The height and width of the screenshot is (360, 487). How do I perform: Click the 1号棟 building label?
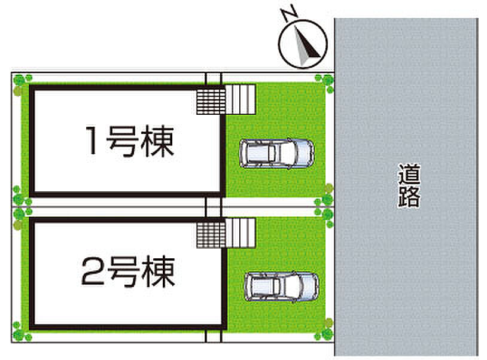pos(129,141)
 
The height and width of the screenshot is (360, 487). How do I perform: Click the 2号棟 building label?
pos(128,271)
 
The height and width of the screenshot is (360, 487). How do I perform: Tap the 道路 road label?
pos(409,185)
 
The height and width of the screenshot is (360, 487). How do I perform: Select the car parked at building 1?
pos(276,154)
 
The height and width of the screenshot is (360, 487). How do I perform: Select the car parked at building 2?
pos(281,286)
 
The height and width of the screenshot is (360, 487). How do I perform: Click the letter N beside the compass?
pos(290,14)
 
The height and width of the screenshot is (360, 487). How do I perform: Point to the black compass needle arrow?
pos(307,44)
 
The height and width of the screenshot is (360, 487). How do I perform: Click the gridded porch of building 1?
pos(211,101)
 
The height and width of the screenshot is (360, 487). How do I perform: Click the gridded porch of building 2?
pos(211,235)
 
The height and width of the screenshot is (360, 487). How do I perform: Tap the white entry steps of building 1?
pos(241,99)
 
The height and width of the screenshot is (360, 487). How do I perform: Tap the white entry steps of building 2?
pos(241,233)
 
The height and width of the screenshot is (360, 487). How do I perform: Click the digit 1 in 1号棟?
pos(92,141)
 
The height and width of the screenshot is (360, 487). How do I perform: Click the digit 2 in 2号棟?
pos(93,271)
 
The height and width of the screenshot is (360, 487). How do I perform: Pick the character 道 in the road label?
pos(409,174)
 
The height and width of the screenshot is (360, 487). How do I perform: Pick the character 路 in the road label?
pos(409,197)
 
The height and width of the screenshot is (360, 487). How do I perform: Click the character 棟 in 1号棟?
pos(157,141)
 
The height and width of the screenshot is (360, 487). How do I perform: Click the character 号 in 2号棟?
pos(123,272)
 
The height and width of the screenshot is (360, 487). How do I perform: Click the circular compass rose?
pos(303,44)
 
